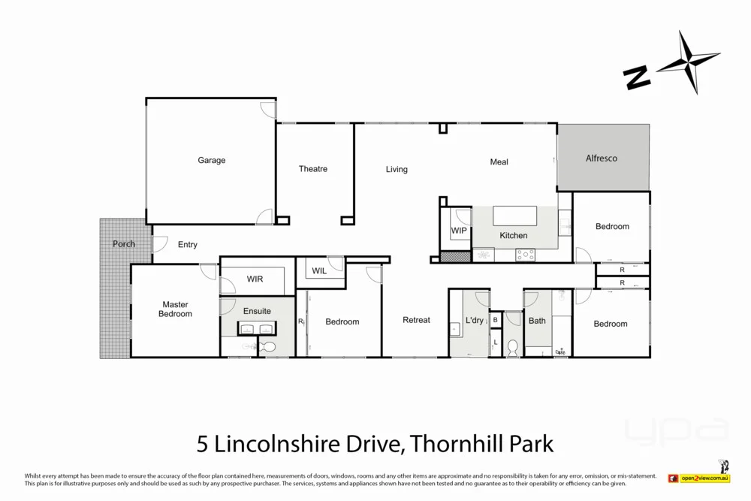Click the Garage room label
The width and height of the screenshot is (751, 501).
click(x=211, y=160)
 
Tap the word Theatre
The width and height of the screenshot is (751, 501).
click(x=313, y=169)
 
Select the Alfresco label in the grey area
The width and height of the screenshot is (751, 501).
click(x=602, y=158)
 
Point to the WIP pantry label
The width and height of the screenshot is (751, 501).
click(x=459, y=231)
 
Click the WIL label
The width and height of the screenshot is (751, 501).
click(x=319, y=271)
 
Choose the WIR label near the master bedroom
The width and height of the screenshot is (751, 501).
click(x=255, y=279)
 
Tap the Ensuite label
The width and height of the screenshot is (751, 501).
click(x=257, y=311)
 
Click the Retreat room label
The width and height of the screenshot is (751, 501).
click(x=416, y=320)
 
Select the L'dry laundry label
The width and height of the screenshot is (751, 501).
click(x=475, y=321)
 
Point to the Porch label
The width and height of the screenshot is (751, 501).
click(x=124, y=244)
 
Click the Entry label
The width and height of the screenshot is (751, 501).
click(x=188, y=245)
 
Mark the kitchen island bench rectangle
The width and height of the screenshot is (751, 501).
click(x=514, y=216)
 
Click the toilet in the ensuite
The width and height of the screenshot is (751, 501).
click(x=267, y=347)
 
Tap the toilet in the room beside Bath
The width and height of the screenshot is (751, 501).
click(x=514, y=349)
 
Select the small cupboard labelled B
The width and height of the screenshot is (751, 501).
click(x=496, y=320)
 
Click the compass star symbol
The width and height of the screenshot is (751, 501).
click(x=688, y=62)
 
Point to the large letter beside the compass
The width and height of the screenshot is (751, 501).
click(x=637, y=77)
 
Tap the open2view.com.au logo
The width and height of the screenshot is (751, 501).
click(x=704, y=478)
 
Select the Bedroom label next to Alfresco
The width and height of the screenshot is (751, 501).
click(x=612, y=226)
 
